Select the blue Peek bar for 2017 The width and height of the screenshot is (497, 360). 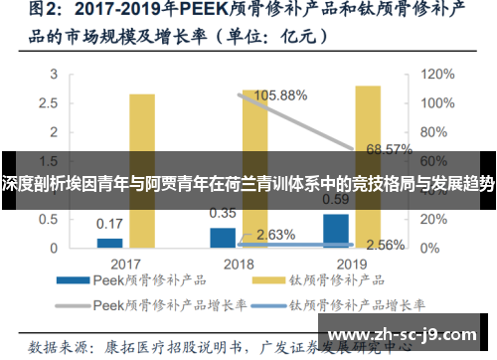109,242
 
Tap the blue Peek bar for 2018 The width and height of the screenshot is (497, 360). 223,237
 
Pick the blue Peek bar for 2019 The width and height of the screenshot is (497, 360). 336,230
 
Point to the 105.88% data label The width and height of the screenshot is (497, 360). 281,96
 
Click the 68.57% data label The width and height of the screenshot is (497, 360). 389,149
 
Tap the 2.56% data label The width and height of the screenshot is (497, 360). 385,245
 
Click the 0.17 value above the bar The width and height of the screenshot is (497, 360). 109,223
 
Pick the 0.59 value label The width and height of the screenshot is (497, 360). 335,198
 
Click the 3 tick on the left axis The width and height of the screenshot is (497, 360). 59,74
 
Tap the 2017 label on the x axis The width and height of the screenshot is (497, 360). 124,264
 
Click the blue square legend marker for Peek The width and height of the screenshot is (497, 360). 75,282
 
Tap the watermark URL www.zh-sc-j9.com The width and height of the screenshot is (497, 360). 409,335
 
